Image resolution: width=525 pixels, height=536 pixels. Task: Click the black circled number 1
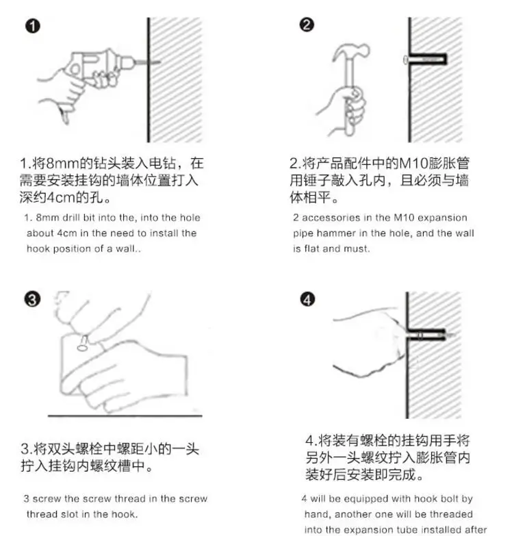click(32, 26)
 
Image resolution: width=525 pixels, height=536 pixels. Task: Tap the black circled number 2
click(307, 25)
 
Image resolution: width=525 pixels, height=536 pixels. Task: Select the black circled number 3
click(32, 299)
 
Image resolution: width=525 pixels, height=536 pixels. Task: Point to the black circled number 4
click(307, 299)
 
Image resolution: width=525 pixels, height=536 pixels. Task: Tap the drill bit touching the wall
click(148, 62)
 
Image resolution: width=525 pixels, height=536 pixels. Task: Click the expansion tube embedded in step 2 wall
click(426, 60)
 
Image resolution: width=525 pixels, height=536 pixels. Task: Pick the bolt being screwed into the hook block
click(83, 344)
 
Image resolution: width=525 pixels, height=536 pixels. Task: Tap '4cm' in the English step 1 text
click(66, 233)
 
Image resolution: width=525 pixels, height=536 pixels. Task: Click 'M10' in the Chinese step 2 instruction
click(413, 164)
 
